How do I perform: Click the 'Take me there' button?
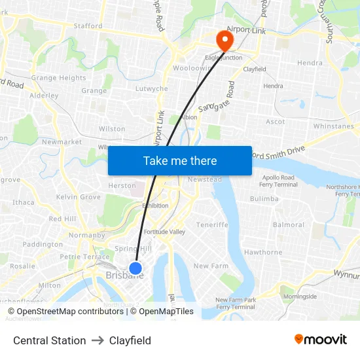coord(180,160)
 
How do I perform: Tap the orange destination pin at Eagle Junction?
coord(225,41)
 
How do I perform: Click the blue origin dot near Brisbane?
coord(135,268)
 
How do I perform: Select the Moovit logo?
coord(321,340)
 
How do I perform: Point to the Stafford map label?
coord(88,26)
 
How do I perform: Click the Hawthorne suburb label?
coord(263,252)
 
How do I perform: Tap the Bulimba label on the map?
coord(264,199)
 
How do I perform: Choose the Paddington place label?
coord(43,244)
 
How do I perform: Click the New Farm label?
coord(211,266)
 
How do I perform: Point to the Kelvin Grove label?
coord(79,197)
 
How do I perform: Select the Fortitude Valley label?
coord(164,232)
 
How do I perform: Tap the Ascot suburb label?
coord(276,122)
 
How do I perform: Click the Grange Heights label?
coord(59,78)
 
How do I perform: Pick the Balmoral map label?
coord(289,225)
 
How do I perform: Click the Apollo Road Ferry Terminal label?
coord(279,181)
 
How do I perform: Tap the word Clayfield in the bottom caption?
coord(130,340)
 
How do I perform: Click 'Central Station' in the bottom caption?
coord(50,340)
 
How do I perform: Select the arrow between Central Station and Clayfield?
coord(98,340)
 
